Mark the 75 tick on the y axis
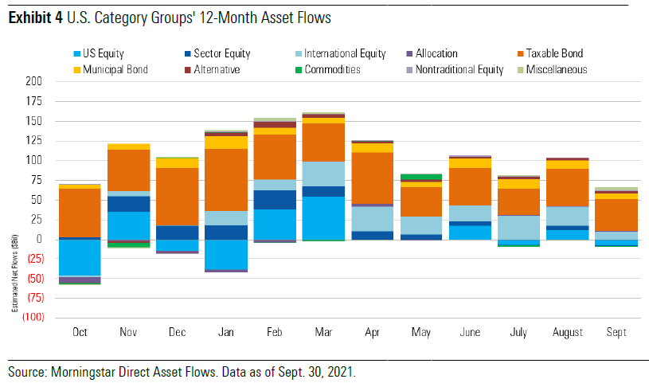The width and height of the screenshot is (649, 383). pyautogui.click(x=34, y=180)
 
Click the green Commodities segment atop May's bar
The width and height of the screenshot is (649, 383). pyautogui.click(x=421, y=177)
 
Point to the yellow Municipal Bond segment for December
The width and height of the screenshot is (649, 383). pyautogui.click(x=176, y=162)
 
